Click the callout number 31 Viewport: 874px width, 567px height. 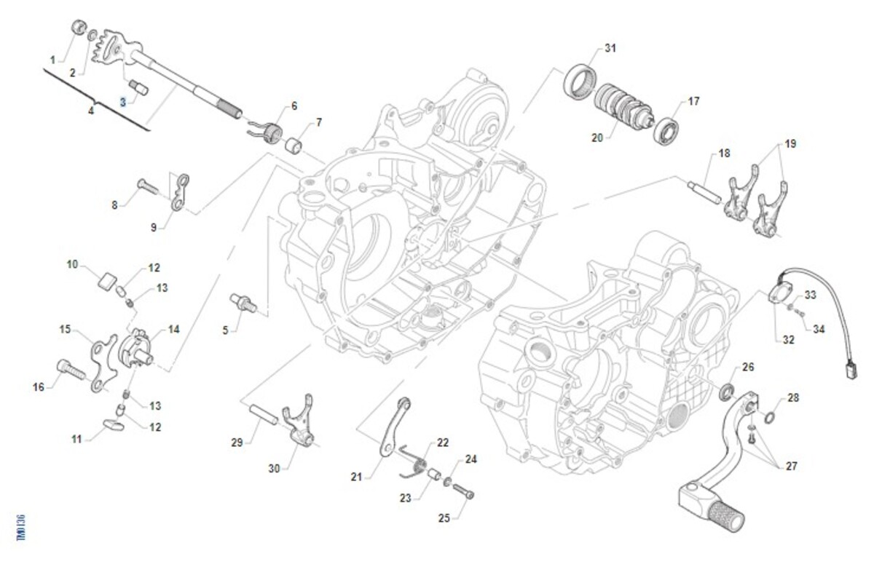tap(610, 49)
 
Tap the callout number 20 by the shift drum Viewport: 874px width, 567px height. tap(597, 137)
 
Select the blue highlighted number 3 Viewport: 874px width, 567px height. tap(123, 103)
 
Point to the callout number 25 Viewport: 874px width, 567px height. tap(444, 518)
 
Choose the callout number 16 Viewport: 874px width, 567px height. tap(39, 387)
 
